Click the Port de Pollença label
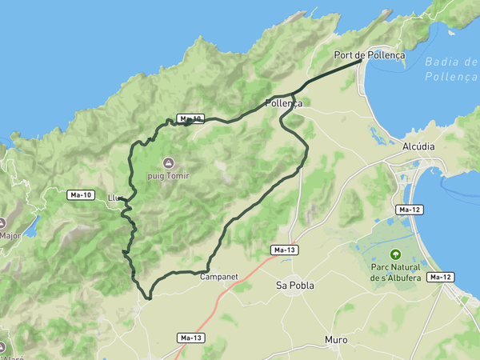tap(370, 55)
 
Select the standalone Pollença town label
tap(283, 103)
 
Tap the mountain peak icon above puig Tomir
tap(167, 163)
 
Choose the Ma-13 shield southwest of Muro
tap(191, 338)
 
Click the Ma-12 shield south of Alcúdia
tap(409, 210)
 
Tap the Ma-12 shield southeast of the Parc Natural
tap(441, 277)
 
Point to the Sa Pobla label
tap(294, 285)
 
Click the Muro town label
tap(336, 340)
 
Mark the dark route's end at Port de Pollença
tap(362, 60)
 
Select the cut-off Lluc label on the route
tap(114, 198)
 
